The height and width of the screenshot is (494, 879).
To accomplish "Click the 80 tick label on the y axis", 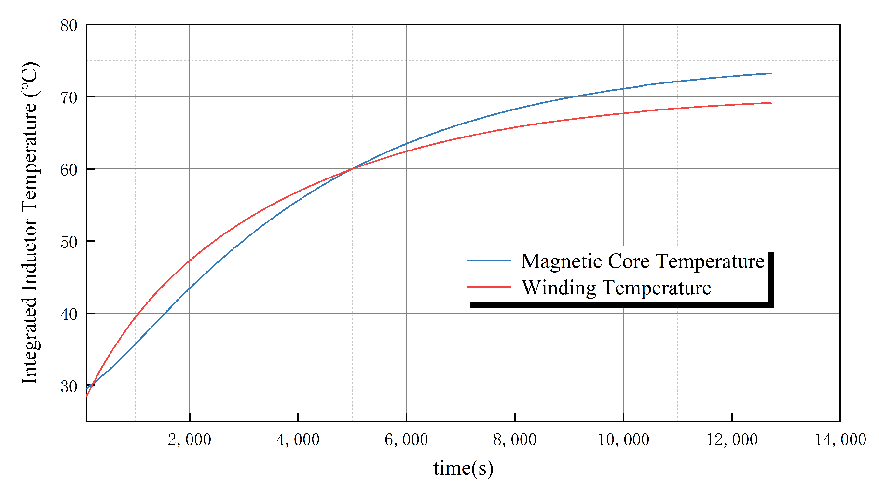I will point(69,26).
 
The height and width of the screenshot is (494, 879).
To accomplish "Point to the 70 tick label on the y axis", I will point(69,97).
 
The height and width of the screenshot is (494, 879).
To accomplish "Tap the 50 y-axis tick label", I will point(69,242).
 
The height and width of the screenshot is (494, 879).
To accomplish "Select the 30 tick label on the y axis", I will point(69,386).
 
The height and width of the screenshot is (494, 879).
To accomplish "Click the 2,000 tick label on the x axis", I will point(189,439).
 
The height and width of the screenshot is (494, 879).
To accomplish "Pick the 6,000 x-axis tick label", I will point(406,439).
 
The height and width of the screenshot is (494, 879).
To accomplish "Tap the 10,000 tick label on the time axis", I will point(623,439).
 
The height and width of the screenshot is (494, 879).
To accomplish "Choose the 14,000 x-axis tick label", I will point(840,439).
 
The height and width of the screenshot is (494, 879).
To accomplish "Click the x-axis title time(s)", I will point(463,467).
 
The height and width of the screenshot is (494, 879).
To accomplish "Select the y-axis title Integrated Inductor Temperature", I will point(30,223).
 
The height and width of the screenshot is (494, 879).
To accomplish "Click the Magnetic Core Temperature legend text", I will point(643,261).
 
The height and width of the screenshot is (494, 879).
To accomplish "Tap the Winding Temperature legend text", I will point(616,288).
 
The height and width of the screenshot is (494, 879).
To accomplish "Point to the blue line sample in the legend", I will point(488,261).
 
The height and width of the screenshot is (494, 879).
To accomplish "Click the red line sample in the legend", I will point(488,287).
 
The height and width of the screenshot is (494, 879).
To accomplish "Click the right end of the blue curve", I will point(770,73).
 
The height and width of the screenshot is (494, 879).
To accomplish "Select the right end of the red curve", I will point(770,103).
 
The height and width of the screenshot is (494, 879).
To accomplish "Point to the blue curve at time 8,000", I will point(515,109).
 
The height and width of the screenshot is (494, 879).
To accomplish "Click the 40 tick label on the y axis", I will point(69,315).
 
